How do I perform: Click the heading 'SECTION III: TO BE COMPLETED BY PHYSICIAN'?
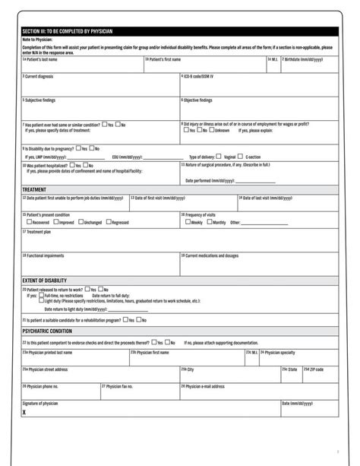click(x=68, y=31)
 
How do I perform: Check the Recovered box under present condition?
click(x=25, y=222)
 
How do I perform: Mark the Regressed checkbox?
click(x=108, y=222)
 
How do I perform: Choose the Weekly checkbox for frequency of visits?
click(x=185, y=222)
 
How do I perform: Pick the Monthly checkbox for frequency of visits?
click(x=208, y=222)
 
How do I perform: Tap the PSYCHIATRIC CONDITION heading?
click(x=47, y=331)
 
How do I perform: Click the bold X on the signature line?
click(x=24, y=411)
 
